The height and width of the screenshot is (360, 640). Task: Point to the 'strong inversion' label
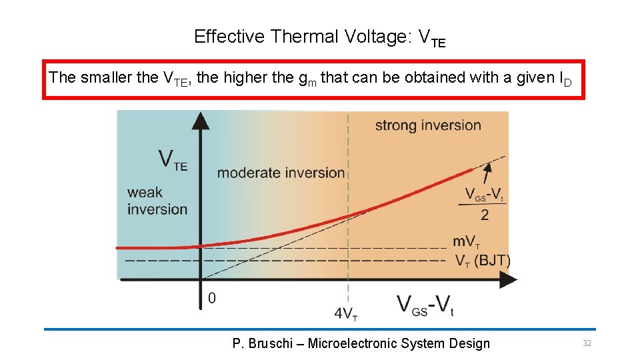click(x=427, y=125)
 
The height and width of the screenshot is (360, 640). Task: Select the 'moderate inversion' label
click(x=281, y=173)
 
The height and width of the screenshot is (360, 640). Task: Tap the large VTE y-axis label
click(x=172, y=160)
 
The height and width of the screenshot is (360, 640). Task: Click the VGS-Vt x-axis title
click(x=425, y=305)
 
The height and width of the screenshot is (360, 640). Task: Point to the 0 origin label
click(x=212, y=298)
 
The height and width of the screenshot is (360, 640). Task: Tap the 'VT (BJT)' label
click(x=482, y=260)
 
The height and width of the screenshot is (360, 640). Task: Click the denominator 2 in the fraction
click(x=485, y=215)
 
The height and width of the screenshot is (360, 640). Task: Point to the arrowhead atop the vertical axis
click(x=200, y=121)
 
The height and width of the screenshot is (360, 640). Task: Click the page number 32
click(x=587, y=343)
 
